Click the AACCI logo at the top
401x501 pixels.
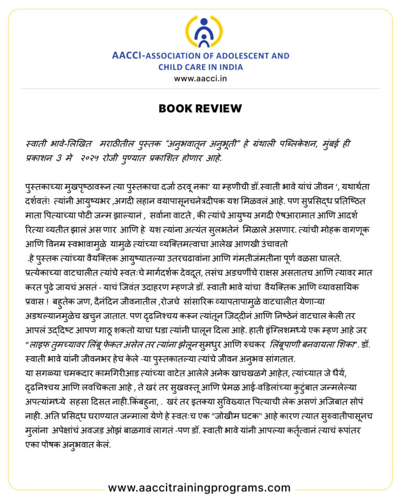point(200,32)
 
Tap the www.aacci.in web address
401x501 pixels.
point(200,78)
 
